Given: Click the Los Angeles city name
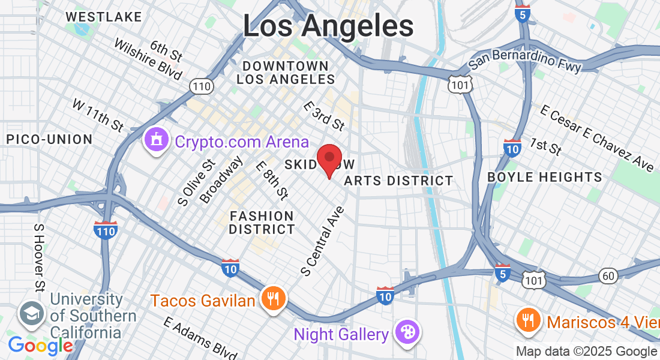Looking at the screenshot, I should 328,26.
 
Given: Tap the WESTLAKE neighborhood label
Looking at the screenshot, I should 104,17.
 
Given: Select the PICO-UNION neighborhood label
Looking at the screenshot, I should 49,139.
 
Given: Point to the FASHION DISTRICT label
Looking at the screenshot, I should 262,223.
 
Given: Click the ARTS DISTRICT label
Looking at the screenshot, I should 399,181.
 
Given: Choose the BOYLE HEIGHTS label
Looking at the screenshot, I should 545,177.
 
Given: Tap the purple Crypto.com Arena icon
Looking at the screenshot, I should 157,141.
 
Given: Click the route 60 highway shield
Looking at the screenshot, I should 608,275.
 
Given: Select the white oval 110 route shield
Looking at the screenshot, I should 201,87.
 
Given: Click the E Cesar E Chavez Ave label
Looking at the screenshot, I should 596,139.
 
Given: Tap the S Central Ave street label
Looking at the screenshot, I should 323,241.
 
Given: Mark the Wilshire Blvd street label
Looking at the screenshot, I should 147,60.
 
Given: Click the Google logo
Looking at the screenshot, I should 41,346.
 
